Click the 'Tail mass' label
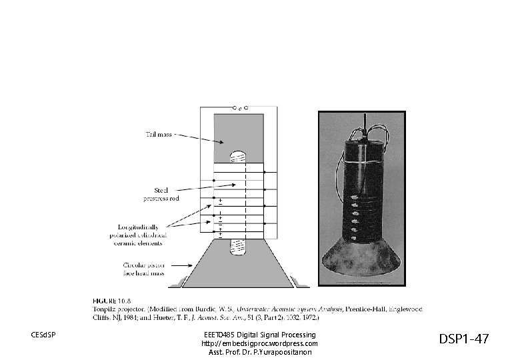159,135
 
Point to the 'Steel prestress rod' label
161,193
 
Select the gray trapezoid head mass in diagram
239,267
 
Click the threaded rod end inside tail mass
238,159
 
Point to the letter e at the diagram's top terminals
239,108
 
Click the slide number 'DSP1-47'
463,339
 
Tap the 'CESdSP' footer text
43,334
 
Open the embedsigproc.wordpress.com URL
259,343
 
